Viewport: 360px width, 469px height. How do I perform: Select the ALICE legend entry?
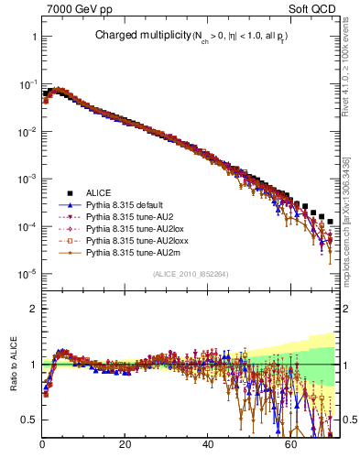pyautogui.click(x=99, y=192)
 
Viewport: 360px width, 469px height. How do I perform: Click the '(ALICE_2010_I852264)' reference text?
pyautogui.click(x=191, y=275)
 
